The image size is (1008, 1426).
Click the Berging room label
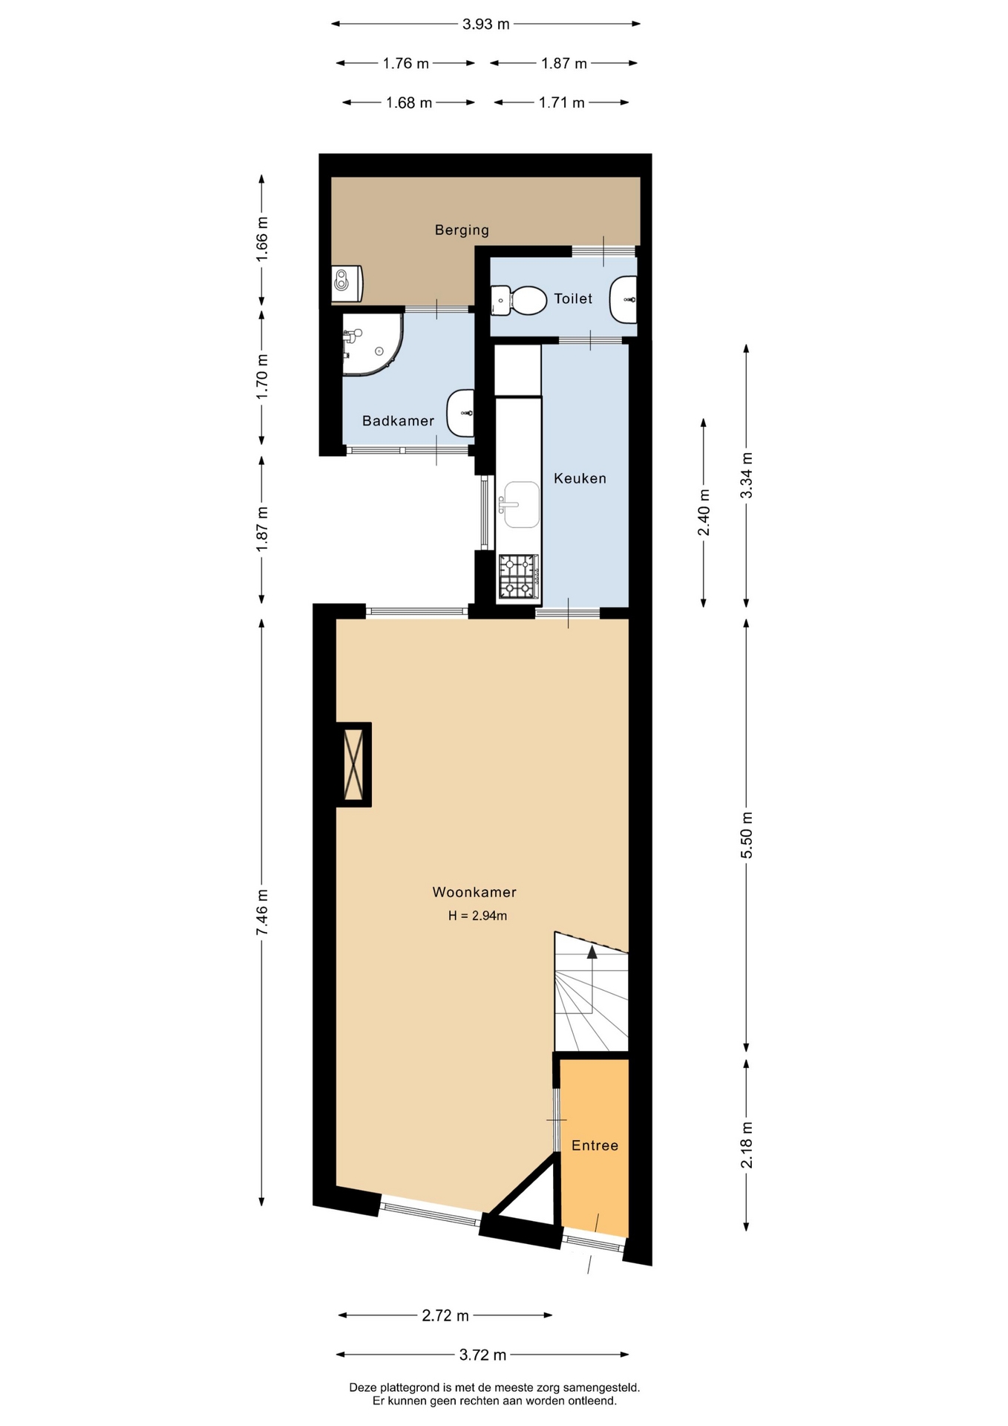(x=462, y=230)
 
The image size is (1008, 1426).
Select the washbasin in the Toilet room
(x=624, y=299)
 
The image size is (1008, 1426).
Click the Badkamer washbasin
(x=461, y=414)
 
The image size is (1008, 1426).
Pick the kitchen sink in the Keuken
(x=521, y=504)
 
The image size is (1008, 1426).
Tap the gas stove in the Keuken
(x=519, y=576)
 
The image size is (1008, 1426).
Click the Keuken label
(x=580, y=479)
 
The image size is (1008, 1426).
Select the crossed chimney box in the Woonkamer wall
(x=354, y=764)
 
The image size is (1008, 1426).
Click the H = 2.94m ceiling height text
(x=477, y=917)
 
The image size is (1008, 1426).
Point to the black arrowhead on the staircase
(x=592, y=952)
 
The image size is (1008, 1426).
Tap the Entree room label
(x=595, y=1146)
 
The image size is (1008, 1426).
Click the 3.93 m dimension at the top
(x=486, y=24)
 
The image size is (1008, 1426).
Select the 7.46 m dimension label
(x=262, y=913)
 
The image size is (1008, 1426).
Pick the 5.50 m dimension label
(x=747, y=836)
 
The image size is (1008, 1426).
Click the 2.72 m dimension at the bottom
(x=445, y=1316)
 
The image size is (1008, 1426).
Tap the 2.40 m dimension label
(x=704, y=512)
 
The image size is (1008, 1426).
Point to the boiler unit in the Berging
(x=347, y=284)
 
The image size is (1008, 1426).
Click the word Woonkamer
(x=474, y=893)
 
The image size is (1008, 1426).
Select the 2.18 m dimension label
(x=747, y=1145)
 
